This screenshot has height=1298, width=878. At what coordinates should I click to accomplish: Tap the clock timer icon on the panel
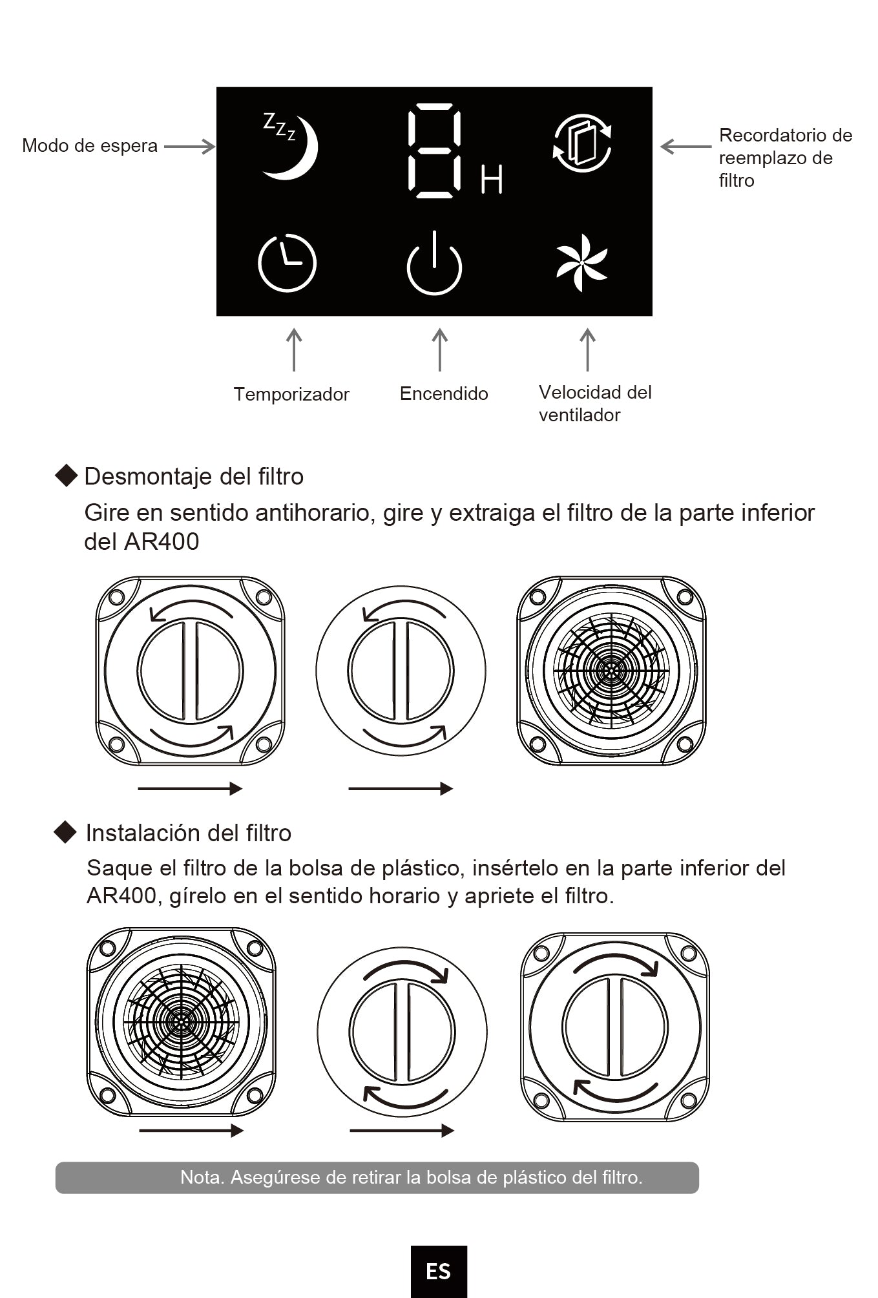[x=287, y=263]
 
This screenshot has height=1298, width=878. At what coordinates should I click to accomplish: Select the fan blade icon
[x=581, y=262]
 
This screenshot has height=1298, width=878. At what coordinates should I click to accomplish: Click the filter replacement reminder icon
[x=582, y=143]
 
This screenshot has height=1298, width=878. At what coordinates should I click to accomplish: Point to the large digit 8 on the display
[x=434, y=151]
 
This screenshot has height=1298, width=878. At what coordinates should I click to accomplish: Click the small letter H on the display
[x=492, y=180]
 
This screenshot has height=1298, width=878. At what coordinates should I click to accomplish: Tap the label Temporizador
[x=291, y=394]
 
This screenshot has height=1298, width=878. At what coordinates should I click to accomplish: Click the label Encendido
[x=444, y=393]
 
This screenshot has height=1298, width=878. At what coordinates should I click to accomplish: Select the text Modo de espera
[x=90, y=146]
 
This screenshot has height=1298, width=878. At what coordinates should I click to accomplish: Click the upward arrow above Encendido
[x=440, y=350]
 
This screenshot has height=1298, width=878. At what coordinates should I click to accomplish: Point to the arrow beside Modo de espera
[x=189, y=147]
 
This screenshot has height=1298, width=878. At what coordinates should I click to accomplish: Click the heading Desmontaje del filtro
[x=194, y=477]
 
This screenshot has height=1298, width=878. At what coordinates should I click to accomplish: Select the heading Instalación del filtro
[x=189, y=833]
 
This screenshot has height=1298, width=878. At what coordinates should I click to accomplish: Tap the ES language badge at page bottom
[x=439, y=1272]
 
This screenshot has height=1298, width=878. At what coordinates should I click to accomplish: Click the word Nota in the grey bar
[x=201, y=1177]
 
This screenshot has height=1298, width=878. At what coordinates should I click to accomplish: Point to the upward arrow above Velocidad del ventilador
[x=587, y=350]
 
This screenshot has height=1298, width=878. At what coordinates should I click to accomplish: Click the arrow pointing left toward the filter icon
[x=685, y=147]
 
